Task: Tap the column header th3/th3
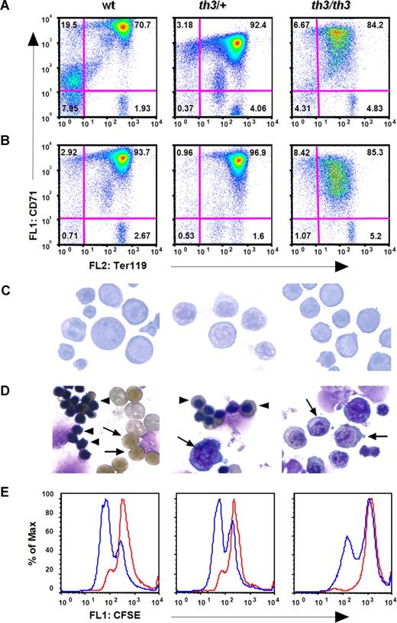pyautogui.click(x=332, y=8)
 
